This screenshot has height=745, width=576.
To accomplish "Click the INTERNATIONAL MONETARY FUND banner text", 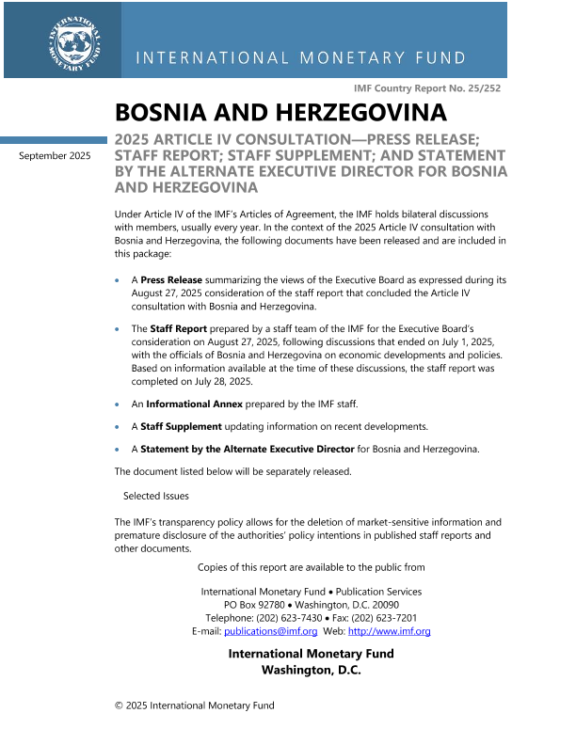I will [301, 58].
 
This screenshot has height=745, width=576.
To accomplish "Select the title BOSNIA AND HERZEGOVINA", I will [280, 113].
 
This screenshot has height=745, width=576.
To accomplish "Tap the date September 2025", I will [56, 156].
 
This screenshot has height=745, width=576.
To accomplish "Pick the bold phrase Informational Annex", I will [194, 404].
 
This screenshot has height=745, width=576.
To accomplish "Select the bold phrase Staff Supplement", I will [183, 426].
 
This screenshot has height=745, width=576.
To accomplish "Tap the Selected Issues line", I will [156, 496].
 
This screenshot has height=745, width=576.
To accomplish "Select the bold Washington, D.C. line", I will [311, 671].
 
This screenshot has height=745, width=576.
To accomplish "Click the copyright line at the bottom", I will [194, 705].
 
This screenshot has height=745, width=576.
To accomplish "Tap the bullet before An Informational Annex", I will [117, 404].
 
